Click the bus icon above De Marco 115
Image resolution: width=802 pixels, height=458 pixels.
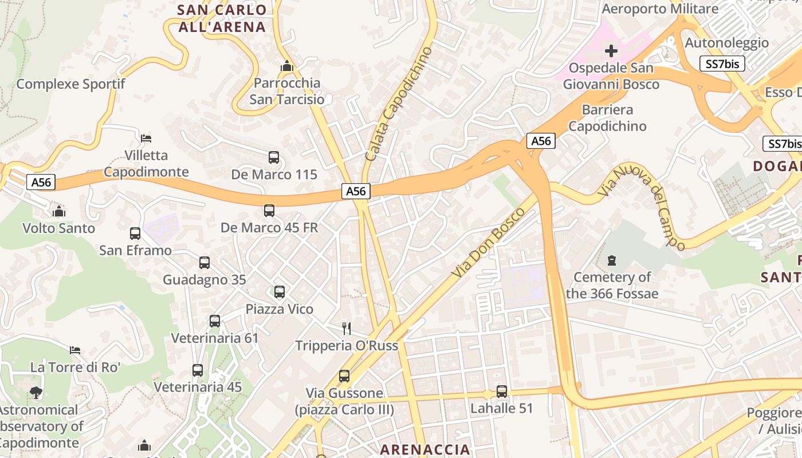pyautogui.click(x=274, y=157)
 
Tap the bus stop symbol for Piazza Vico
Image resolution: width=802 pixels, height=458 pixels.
pyautogui.click(x=280, y=292)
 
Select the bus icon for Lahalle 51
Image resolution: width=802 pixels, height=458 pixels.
pyautogui.click(x=502, y=392)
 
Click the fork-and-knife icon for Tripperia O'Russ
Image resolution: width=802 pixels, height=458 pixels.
pyautogui.click(x=346, y=328)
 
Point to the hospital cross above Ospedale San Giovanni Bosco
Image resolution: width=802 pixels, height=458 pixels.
pyautogui.click(x=611, y=51)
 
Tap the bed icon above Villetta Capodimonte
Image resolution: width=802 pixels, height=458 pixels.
pyautogui.click(x=146, y=138)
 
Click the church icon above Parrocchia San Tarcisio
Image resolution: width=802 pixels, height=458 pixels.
pyautogui.click(x=287, y=66)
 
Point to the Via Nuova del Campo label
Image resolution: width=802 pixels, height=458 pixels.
pyautogui.click(x=642, y=207)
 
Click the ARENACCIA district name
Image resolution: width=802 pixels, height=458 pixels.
pyautogui.click(x=425, y=449)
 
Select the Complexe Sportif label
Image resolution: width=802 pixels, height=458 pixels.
pyautogui.click(x=70, y=84)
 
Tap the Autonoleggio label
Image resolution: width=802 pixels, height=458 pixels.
pyautogui.click(x=727, y=43)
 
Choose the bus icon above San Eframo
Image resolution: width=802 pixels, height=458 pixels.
pyautogui.click(x=135, y=234)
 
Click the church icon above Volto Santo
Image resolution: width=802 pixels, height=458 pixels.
pyautogui.click(x=59, y=212)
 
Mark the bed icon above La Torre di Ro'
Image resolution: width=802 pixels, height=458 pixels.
pyautogui.click(x=75, y=350)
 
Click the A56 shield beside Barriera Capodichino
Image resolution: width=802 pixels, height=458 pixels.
pyautogui.click(x=541, y=141)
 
